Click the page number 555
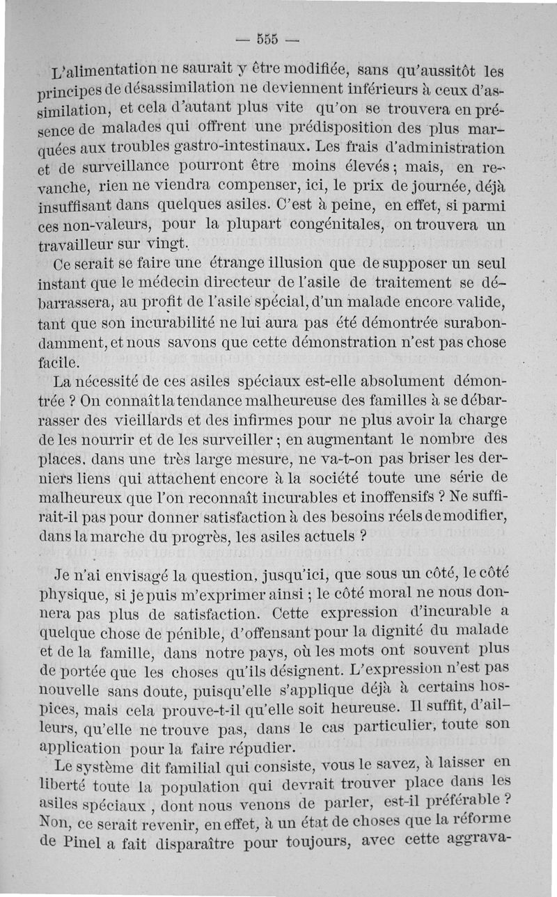[268, 38]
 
